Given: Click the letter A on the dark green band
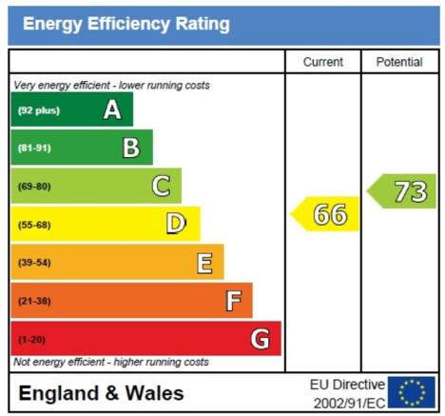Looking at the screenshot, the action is [112, 109].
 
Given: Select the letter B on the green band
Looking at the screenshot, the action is [131, 148].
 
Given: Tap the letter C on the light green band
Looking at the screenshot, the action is [162, 186].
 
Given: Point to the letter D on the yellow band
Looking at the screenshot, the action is [176, 224].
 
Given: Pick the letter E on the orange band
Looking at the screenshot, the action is [204, 263].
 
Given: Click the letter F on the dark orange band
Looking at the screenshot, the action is [233, 301].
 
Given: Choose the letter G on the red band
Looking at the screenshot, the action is [261, 339].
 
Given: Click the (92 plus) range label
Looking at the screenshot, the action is [39, 110].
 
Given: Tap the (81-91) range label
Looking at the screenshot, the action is [34, 149].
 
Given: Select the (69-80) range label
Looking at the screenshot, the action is [34, 187].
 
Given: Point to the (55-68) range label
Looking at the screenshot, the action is [34, 225].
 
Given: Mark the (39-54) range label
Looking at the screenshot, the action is [34, 263].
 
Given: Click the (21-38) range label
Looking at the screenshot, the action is [34, 301].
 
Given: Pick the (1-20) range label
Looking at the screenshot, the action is [31, 340].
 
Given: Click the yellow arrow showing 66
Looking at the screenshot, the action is [325, 214].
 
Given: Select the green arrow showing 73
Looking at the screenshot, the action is [401, 191].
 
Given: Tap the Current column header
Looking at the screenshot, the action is [323, 62].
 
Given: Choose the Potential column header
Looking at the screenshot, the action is [399, 62].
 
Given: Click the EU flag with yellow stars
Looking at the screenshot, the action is [412, 392].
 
